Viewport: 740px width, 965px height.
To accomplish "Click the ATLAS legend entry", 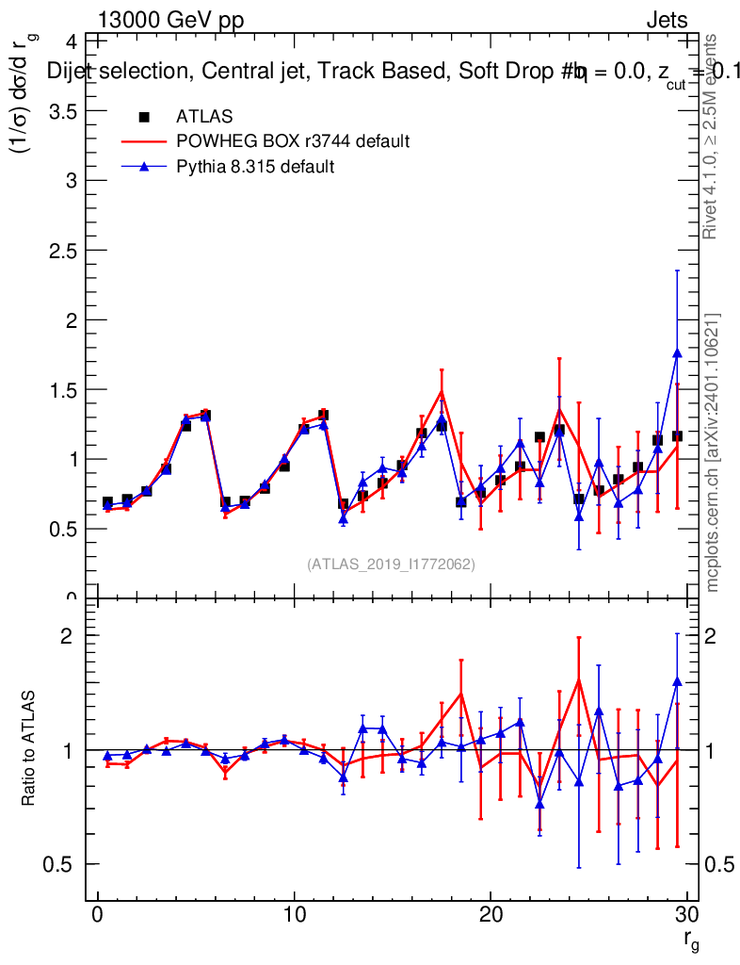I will coord(204,117).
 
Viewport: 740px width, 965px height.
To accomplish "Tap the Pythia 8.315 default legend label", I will coord(255,167).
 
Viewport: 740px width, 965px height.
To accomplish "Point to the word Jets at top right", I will coord(666,20).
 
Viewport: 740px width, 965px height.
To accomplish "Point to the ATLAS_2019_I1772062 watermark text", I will coord(391,564).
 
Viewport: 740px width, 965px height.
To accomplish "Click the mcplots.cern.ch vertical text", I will coord(714,452).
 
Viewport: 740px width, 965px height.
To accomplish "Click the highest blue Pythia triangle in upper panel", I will coord(677,352).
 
